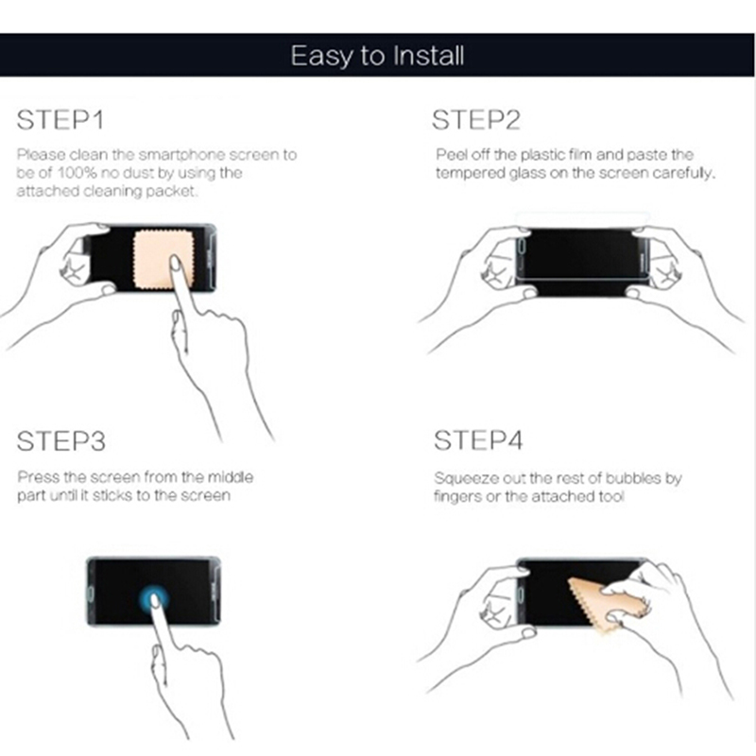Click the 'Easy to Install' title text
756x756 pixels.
(377, 56)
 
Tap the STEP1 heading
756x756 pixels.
(60, 120)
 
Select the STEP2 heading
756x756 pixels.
(476, 120)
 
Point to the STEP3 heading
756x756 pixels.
(61, 441)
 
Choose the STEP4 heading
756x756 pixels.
(478, 440)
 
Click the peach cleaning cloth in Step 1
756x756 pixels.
(163, 259)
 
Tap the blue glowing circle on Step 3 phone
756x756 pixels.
(154, 599)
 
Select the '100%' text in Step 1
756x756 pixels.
(77, 173)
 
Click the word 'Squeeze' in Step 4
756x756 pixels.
(466, 479)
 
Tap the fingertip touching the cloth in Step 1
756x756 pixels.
(175, 264)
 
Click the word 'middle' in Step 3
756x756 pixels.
(231, 477)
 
